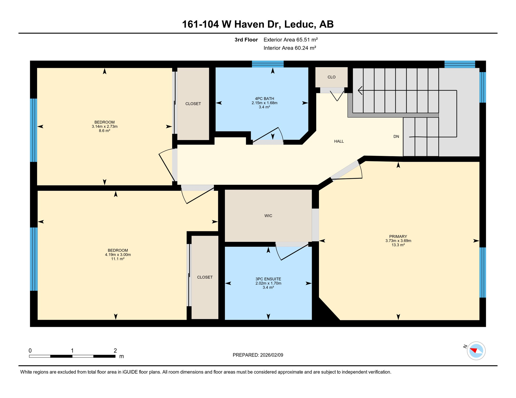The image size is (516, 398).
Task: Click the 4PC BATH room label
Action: [264, 98]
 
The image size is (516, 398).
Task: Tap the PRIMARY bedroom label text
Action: [398, 236]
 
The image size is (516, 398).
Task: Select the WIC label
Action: [268, 216]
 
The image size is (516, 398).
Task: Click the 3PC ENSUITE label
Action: [268, 279]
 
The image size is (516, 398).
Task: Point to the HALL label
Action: [339, 141]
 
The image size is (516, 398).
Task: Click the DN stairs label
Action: [396, 137]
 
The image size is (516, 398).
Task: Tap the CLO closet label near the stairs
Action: [331, 77]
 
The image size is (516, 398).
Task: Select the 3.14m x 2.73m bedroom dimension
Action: [104, 126]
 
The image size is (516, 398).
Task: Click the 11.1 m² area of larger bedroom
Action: [118, 259]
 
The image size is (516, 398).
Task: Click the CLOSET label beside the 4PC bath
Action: [193, 104]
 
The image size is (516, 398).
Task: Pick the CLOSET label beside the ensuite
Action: [205, 277]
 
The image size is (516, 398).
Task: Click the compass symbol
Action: [476, 351]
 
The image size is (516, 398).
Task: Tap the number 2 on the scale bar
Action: [115, 351]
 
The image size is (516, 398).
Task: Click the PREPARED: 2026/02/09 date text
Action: [258, 355]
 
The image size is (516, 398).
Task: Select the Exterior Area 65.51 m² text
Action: [290, 40]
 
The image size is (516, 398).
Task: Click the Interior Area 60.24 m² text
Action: [290, 48]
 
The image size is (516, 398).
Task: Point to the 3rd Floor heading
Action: [246, 40]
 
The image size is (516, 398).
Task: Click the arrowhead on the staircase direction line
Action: [360, 90]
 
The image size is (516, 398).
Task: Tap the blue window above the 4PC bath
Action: [268, 64]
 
